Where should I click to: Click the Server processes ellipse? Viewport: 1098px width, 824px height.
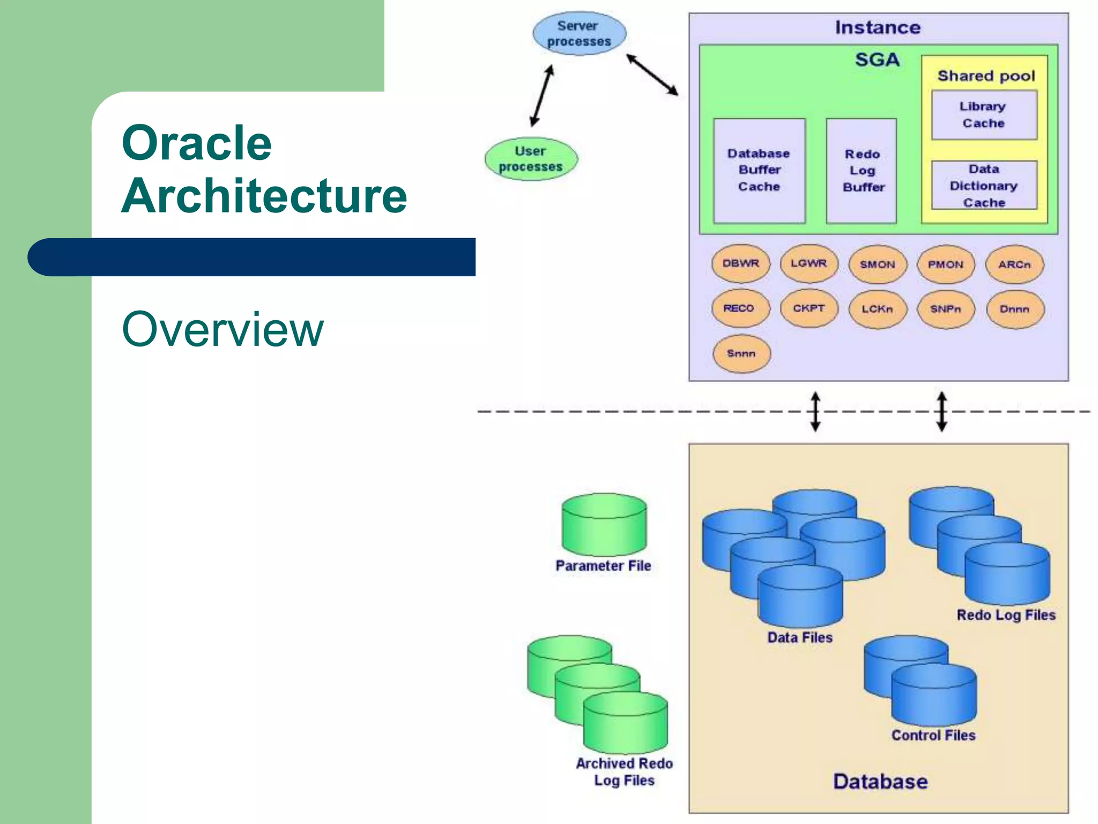pos(579,33)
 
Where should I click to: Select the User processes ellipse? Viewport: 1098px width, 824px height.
pos(531,159)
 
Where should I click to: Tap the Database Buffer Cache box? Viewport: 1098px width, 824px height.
pos(759,171)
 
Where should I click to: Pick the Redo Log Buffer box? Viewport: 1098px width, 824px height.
pos(862,171)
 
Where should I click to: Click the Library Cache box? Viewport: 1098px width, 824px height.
pos(984,115)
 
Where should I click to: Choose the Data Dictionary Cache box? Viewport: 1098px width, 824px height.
pos(984,186)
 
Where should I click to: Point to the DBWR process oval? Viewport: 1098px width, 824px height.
pos(741,264)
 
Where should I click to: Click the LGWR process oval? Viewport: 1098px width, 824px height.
pos(809,263)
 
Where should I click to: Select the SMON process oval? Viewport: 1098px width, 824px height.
pos(878,264)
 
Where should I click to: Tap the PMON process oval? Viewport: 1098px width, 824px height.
pos(946,264)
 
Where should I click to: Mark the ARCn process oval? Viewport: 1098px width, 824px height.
pos(1014,264)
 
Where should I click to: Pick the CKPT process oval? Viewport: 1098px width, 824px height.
pos(809,308)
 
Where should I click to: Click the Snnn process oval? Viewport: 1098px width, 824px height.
pos(741,354)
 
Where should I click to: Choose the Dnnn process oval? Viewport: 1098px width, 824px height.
pos(1014,310)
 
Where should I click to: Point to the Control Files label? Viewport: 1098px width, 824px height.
pos(933,735)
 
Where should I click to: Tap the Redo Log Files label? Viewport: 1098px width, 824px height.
pos(1006,615)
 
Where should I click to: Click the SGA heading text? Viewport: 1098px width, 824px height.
pos(877,60)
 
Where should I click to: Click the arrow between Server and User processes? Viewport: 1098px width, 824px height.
pos(541,97)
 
